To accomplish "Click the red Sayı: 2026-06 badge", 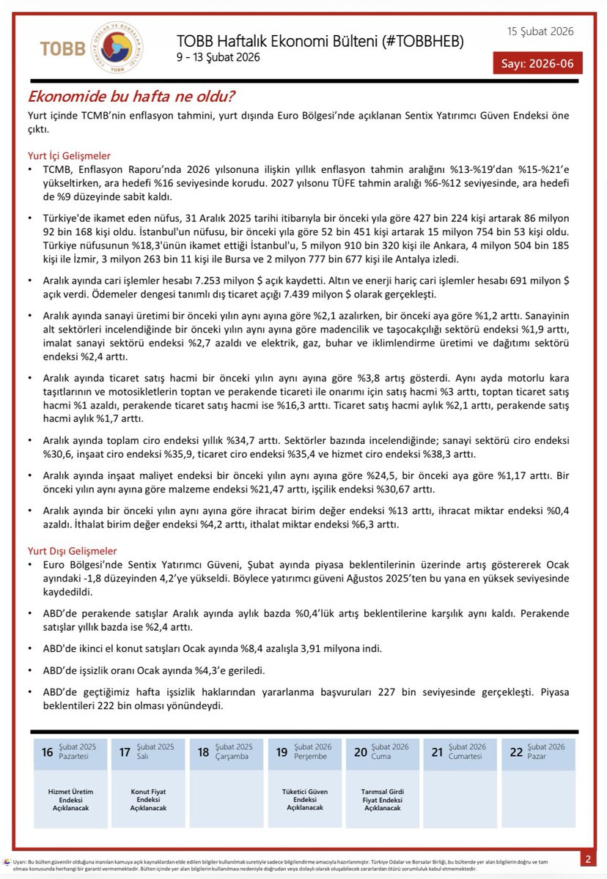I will point(537,63).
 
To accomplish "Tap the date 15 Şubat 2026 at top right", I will point(540,31).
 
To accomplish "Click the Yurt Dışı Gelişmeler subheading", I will point(71,551).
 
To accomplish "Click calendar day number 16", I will point(47,752).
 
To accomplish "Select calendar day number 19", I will point(282,752).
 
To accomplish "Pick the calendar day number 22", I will point(516,752).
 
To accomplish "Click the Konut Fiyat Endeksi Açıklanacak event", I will point(149,799).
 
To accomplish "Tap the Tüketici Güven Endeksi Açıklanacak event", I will point(304,799).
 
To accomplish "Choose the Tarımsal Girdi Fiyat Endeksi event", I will point(382,799).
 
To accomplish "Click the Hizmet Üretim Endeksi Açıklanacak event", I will point(70,799).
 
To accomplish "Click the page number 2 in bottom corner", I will point(588,858).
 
